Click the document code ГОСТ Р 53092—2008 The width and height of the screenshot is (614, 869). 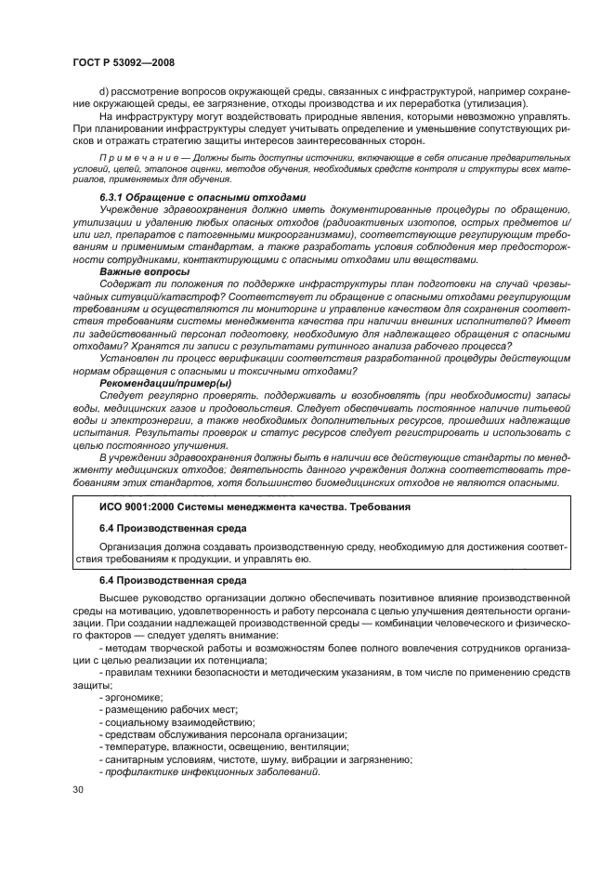[124, 61]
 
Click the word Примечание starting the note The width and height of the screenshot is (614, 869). [128, 159]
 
